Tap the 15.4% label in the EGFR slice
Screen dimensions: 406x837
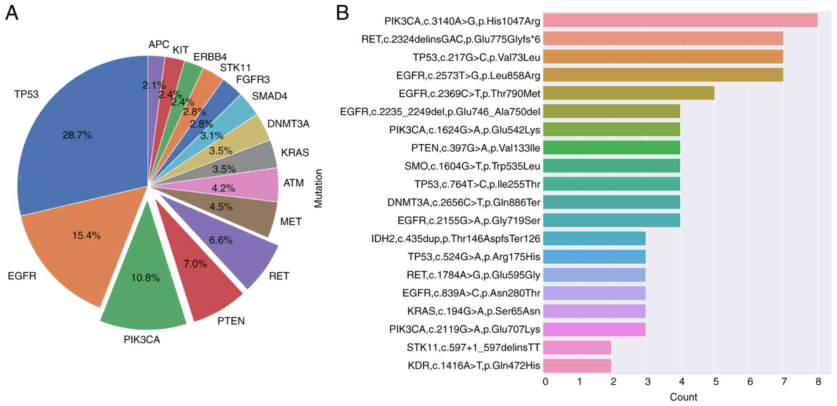pos(86,236)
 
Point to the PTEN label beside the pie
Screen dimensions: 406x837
pos(231,321)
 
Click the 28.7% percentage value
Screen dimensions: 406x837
pos(77,135)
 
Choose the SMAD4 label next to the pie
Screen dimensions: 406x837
pos(269,96)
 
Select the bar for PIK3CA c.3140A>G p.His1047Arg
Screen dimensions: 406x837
pos(680,21)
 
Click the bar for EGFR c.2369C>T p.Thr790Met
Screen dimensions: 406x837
pos(628,93)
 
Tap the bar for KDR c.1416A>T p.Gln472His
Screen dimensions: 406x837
pos(577,366)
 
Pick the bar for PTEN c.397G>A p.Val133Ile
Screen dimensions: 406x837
pos(611,148)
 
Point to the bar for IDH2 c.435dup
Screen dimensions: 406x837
pos(594,239)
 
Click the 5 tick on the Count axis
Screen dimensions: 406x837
pos(715,382)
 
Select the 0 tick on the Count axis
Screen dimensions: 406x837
pos(545,382)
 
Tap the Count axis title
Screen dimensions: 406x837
pos(683,397)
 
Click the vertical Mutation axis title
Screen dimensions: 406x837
pos(318,188)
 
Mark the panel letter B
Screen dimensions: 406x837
pos(342,13)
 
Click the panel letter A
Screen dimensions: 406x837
pos(12,13)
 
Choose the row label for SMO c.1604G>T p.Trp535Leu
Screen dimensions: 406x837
pos(472,166)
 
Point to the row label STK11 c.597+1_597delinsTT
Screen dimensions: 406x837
pos(473,348)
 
